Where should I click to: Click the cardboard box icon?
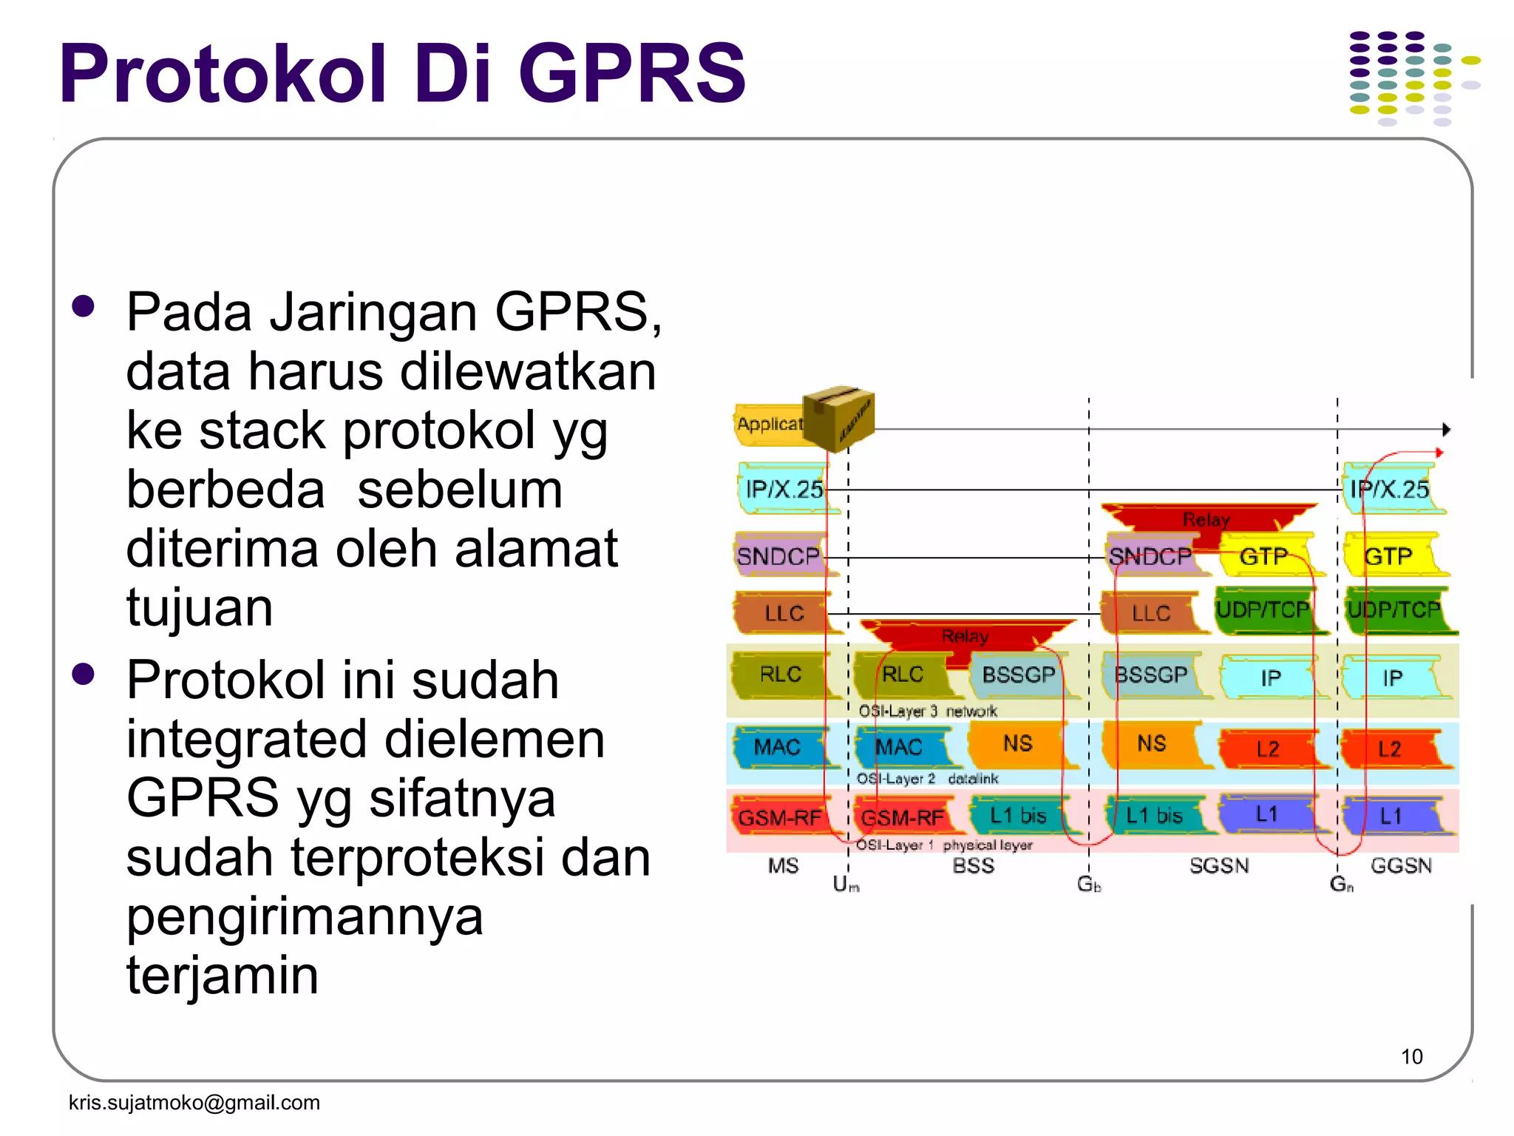[x=838, y=417]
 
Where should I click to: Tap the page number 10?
[x=1411, y=1056]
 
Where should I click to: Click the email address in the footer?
[x=194, y=1102]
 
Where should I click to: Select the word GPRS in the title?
[x=632, y=74]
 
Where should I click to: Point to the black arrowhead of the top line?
[x=1446, y=430]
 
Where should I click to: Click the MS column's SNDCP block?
[x=780, y=555]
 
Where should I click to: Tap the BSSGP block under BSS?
[x=1018, y=674]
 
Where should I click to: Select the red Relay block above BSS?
[x=965, y=636]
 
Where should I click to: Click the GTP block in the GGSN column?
[x=1389, y=555]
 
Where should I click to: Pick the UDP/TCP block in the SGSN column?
[x=1263, y=610]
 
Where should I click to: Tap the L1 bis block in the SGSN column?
[x=1154, y=816]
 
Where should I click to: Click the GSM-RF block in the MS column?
[x=780, y=817]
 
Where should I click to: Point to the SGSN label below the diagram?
[x=1219, y=865]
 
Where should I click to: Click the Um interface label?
[x=845, y=884]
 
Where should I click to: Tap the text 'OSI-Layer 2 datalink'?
[x=927, y=779]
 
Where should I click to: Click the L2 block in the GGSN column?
[x=1389, y=748]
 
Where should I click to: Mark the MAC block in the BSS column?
[x=900, y=747]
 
